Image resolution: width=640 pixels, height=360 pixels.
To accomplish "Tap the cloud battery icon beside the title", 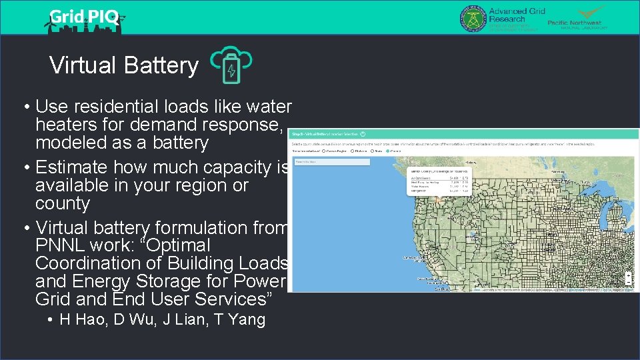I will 231,65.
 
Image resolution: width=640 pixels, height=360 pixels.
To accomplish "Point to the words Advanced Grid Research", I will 517,15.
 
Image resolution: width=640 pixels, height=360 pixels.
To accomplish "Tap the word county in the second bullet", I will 63,203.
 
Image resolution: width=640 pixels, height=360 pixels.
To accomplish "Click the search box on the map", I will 331,162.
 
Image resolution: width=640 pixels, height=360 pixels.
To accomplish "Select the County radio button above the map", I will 389,151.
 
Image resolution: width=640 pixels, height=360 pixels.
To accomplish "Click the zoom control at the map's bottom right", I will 629,278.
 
